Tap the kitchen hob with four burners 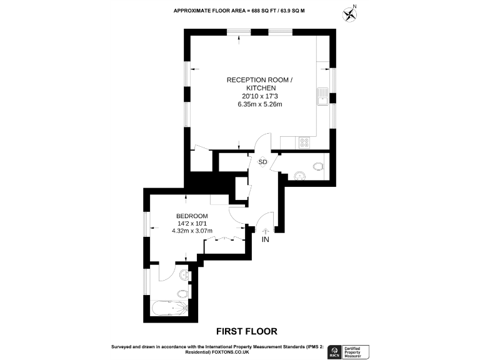[x=304, y=142]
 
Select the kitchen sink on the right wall [x=323, y=97]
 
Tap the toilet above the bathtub [x=183, y=293]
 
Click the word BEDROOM [x=192, y=216]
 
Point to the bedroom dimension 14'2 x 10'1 [x=192, y=224]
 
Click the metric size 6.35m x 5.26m [x=259, y=104]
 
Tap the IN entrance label [x=266, y=239]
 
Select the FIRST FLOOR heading [x=246, y=331]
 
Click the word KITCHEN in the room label [x=259, y=88]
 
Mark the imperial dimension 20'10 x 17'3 [x=259, y=96]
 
